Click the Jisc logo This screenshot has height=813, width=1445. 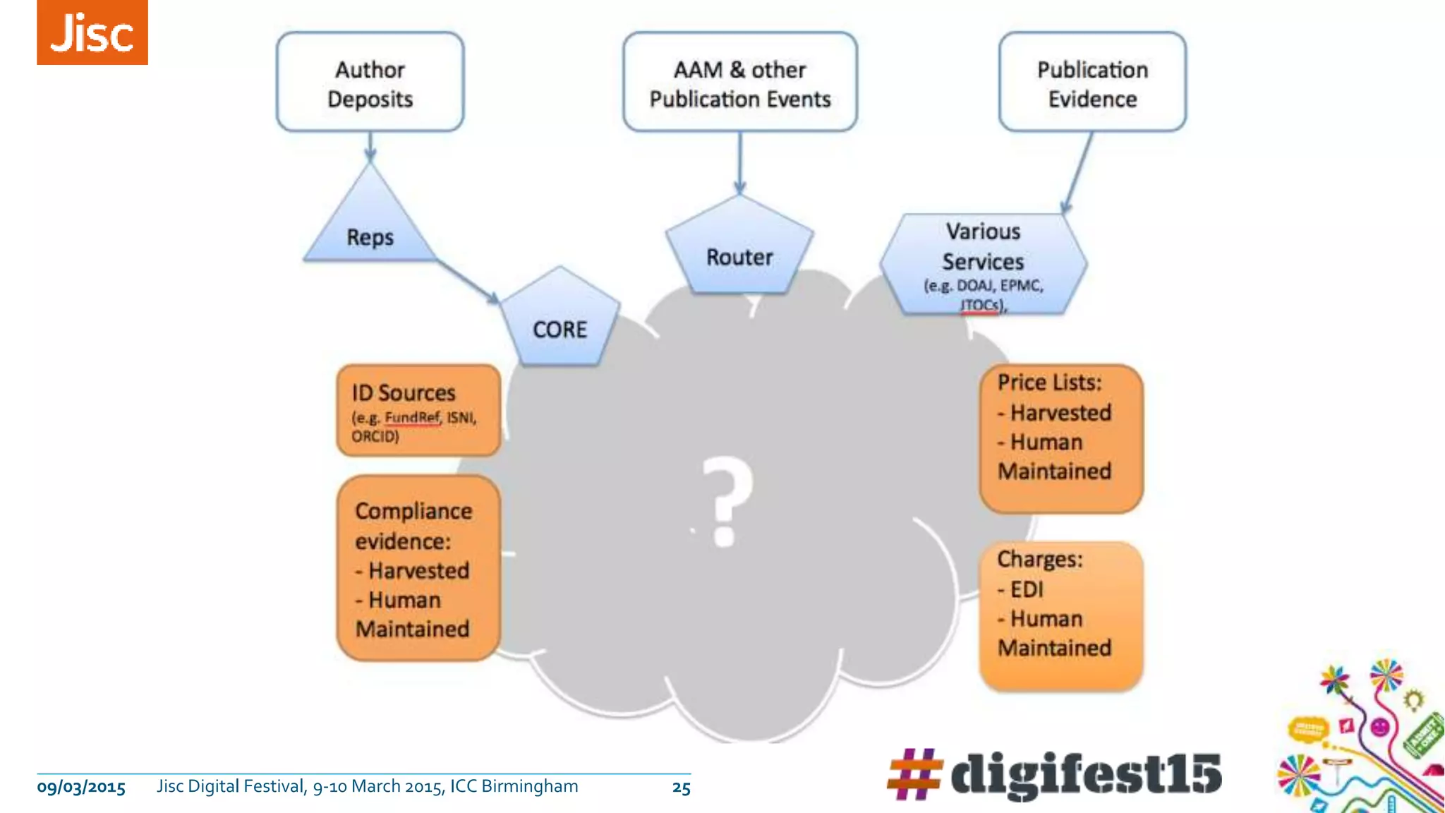(92, 32)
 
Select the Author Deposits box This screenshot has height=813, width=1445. (370, 83)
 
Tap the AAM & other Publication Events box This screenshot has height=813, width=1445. (739, 83)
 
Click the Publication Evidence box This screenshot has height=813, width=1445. (1092, 83)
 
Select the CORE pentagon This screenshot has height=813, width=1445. (560, 322)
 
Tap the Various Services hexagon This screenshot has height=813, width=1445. (983, 265)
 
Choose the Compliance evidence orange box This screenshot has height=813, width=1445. (418, 569)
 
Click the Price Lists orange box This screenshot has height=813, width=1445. (1060, 438)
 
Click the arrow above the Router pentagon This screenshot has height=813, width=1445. (739, 162)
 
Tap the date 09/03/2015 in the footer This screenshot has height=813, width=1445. (81, 788)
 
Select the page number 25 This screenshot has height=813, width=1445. (681, 788)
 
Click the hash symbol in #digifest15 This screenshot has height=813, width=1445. (914, 774)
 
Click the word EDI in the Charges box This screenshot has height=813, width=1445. (1026, 589)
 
